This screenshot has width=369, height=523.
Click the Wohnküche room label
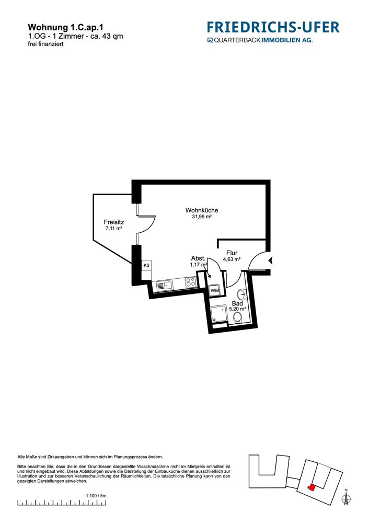coord(202,210)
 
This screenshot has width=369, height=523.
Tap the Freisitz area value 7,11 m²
coord(113,229)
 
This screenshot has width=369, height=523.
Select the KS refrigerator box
coord(146,265)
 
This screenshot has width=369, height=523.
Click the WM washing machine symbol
coord(215,290)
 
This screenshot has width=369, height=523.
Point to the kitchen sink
coord(164,286)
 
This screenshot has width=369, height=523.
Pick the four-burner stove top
coord(190,282)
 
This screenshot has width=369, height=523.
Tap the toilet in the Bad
coord(238,319)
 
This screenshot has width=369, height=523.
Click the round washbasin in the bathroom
coord(241,294)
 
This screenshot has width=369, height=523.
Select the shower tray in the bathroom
coord(218,314)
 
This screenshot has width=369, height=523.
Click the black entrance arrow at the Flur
coord(271,260)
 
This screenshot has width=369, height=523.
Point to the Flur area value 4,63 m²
coord(232,259)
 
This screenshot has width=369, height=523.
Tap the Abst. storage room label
coord(198,258)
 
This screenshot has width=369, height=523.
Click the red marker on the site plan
coord(311,487)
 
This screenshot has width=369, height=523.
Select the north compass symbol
coord(347,498)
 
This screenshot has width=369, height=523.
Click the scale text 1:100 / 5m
coord(96,496)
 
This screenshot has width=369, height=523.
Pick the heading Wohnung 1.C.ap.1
coord(65,27)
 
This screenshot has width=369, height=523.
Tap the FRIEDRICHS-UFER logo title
coord(273,27)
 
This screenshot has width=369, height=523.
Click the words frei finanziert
coord(45,44)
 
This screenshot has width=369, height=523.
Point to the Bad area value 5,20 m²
coord(237,309)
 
